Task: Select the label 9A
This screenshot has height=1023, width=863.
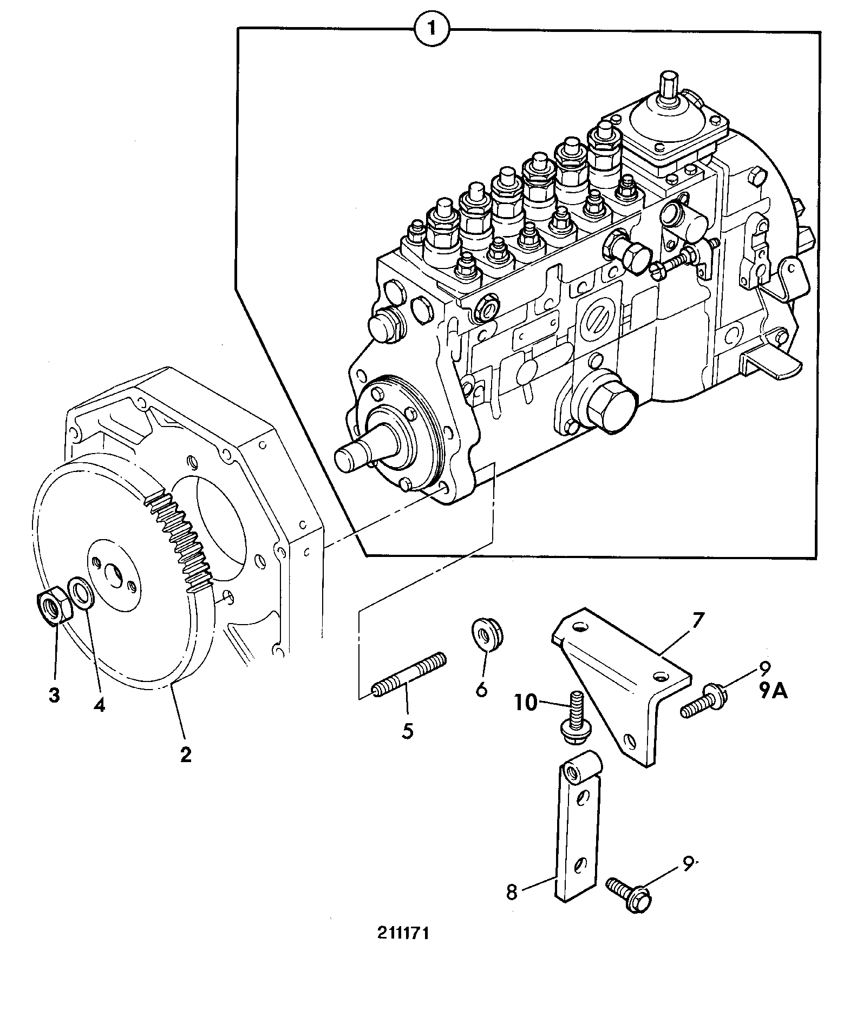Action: pyautogui.click(x=773, y=691)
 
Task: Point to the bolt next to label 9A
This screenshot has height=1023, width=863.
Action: pyautogui.click(x=703, y=702)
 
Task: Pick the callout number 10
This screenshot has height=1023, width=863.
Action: pyautogui.click(x=526, y=703)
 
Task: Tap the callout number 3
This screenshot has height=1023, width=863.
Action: pyautogui.click(x=54, y=696)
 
